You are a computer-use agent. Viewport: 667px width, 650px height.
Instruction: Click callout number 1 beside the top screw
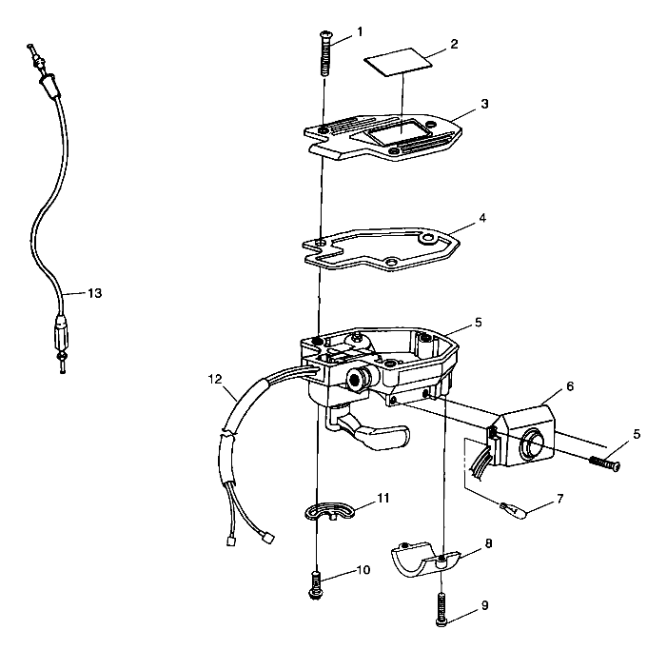[360, 32]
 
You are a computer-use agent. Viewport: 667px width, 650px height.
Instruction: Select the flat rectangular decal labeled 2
[398, 62]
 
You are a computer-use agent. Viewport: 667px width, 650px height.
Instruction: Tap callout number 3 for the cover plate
[484, 104]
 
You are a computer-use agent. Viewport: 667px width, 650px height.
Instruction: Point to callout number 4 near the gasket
[482, 218]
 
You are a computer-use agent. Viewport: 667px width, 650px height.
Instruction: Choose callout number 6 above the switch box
[570, 386]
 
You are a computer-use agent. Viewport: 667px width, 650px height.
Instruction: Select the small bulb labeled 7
[515, 509]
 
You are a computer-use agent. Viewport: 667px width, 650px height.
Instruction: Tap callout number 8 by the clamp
[488, 543]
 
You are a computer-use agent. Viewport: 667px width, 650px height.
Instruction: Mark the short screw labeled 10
[316, 586]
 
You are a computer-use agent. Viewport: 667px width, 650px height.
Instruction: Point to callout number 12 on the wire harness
[215, 379]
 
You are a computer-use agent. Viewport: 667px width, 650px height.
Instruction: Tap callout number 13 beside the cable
[94, 293]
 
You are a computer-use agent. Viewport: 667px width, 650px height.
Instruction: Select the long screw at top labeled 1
[326, 53]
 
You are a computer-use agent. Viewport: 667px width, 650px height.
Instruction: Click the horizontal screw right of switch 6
[604, 463]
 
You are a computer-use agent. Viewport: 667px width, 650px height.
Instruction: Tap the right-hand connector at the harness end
[267, 539]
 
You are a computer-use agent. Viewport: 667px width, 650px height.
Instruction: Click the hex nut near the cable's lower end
[62, 355]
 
